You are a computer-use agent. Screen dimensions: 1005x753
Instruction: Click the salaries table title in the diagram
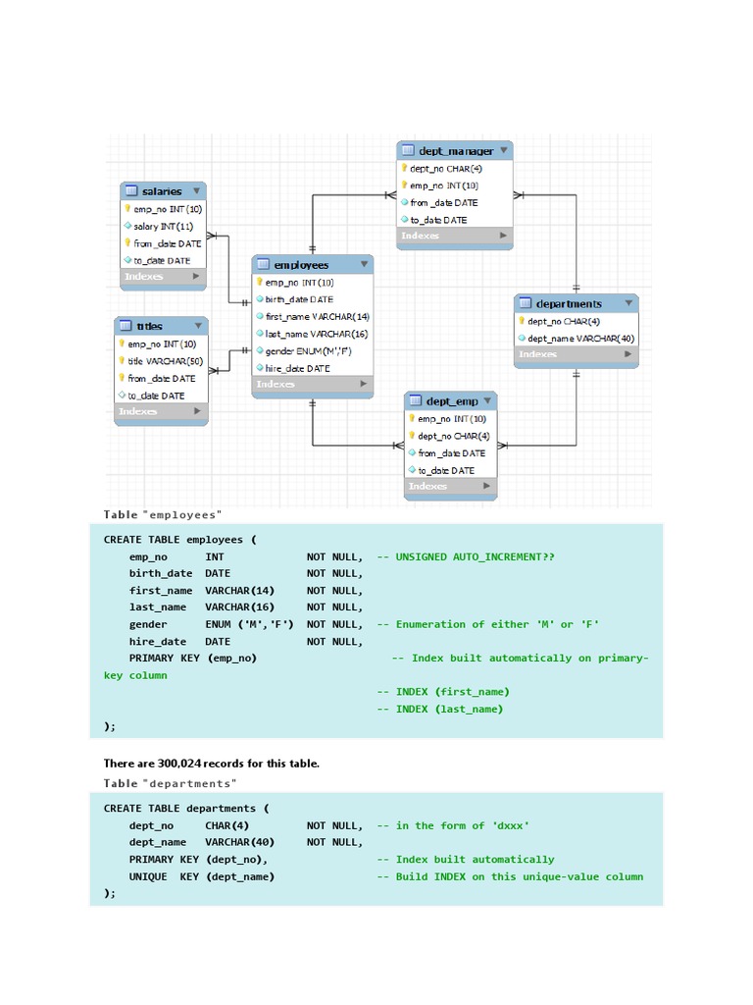(162, 191)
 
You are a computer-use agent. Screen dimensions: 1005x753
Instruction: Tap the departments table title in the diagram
(569, 303)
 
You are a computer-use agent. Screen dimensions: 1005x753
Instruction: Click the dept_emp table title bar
(452, 401)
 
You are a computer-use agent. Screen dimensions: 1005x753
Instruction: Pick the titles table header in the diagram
(150, 326)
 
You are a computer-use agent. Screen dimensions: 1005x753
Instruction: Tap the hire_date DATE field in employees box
(297, 368)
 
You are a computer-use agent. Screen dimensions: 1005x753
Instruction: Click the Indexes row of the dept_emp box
(450, 486)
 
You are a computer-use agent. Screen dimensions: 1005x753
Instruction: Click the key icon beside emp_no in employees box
(260, 283)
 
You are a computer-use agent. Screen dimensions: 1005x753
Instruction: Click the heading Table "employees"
(163, 514)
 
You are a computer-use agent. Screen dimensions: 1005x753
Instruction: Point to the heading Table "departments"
(170, 783)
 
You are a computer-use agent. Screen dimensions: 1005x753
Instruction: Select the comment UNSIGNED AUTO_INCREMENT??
(475, 556)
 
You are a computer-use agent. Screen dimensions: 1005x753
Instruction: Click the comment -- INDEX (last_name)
(440, 709)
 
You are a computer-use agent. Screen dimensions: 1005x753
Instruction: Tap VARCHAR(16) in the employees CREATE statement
(239, 608)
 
